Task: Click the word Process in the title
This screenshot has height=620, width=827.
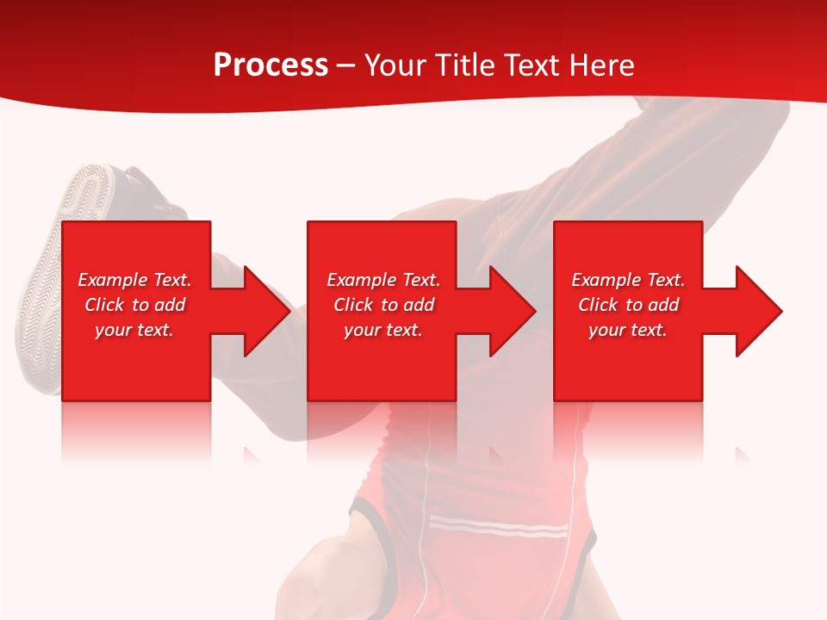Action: coord(270,65)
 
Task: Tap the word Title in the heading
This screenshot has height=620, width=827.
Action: coord(465,65)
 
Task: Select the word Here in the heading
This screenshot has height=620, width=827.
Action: coord(601,65)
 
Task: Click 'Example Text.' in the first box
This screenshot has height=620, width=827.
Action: coord(134,280)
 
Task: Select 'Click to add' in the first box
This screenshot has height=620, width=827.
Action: coord(134,305)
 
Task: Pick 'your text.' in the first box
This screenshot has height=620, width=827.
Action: coord(134,330)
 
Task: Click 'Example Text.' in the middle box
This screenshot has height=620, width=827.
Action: coord(383,280)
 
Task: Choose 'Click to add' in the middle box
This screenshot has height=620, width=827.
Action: coord(383,305)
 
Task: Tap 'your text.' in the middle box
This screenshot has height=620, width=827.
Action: coord(383,330)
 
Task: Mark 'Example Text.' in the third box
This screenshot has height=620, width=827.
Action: coord(628,280)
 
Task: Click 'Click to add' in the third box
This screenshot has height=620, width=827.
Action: coord(628,305)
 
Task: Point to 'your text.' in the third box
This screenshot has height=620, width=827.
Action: coord(628,330)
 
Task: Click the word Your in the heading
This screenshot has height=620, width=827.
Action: coord(396,65)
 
